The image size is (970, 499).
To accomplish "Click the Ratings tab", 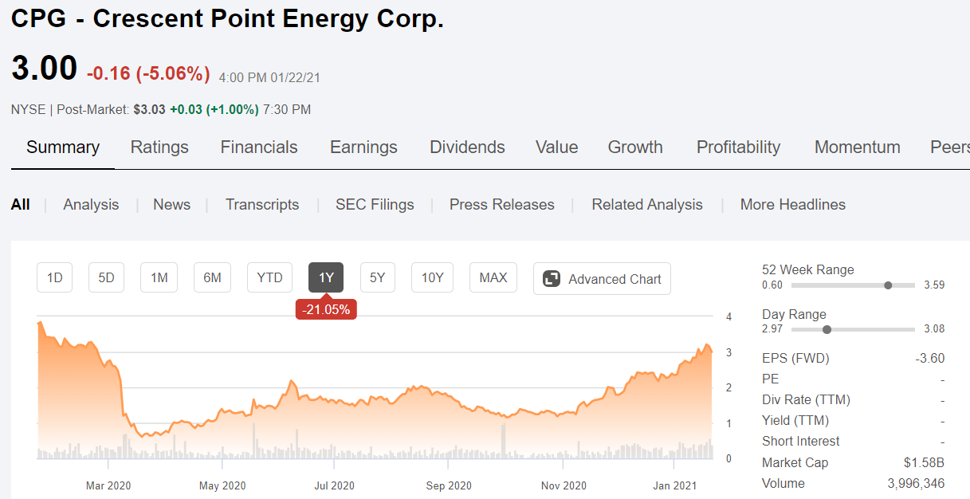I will tap(159, 147).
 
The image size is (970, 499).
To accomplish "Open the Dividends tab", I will tap(467, 147).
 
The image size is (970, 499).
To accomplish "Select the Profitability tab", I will tap(738, 147).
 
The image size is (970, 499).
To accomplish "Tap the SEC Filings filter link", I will tap(375, 205).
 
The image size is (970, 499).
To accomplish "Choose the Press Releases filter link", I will tap(501, 205).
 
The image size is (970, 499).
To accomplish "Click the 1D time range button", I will tap(55, 278).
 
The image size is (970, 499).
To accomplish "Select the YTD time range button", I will tap(269, 278).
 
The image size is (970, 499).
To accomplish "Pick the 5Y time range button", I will tap(378, 278).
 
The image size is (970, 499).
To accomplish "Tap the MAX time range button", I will tap(493, 278).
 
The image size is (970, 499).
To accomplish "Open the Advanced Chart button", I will tap(603, 279).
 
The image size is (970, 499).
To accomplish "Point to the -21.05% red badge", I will tap(326, 310).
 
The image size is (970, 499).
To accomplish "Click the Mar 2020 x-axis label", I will tap(108, 485).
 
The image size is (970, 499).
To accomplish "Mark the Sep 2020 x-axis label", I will tap(449, 485).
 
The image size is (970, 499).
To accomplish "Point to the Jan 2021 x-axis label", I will tap(675, 485).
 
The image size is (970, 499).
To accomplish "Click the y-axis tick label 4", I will tap(729, 317).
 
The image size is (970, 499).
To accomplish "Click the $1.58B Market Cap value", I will tap(925, 462).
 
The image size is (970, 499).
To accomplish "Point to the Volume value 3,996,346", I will tap(916, 483).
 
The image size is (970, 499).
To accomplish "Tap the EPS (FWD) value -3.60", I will tap(929, 359).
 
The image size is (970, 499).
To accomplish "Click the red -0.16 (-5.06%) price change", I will tap(148, 74).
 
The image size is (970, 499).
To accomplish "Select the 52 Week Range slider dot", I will tap(888, 285).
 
